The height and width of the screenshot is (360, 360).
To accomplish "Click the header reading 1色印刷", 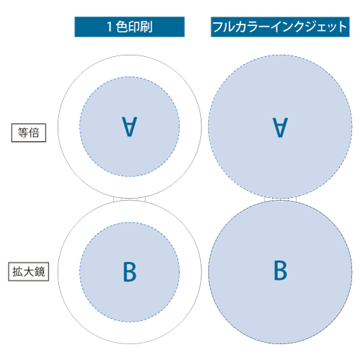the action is (x=130, y=27).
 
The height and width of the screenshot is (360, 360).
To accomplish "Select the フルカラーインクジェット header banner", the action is (x=280, y=27).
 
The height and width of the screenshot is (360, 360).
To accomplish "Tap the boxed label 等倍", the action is (x=29, y=132).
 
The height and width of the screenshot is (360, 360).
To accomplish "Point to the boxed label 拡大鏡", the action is (x=29, y=271).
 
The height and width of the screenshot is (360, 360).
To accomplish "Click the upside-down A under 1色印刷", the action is (x=130, y=127).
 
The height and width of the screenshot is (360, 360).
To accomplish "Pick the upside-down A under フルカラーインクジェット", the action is (x=280, y=127).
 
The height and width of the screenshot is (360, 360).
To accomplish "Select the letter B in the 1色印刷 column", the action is (x=130, y=271).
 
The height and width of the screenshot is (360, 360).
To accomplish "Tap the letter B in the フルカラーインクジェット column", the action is (x=281, y=270).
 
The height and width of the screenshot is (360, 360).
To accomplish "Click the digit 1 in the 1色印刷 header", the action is (x=109, y=27).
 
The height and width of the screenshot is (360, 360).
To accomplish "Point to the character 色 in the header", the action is (x=122, y=27).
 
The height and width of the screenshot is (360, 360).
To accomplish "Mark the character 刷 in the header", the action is (x=146, y=27).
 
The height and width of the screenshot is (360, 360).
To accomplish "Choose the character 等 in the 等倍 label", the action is (x=23, y=132).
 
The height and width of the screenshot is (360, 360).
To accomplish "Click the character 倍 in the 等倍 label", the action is (x=34, y=132).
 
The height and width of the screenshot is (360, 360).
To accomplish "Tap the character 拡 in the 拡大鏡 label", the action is (x=17, y=271).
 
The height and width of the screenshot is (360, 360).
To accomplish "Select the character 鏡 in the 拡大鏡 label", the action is (x=40, y=271).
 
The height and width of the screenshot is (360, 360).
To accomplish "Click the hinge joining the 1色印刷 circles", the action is (x=130, y=199).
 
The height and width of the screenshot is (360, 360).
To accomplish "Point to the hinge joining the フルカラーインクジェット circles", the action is (x=280, y=199).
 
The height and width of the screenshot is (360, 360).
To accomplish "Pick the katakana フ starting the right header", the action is (x=217, y=27).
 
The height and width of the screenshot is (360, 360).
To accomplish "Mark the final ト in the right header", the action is (x=343, y=27).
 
